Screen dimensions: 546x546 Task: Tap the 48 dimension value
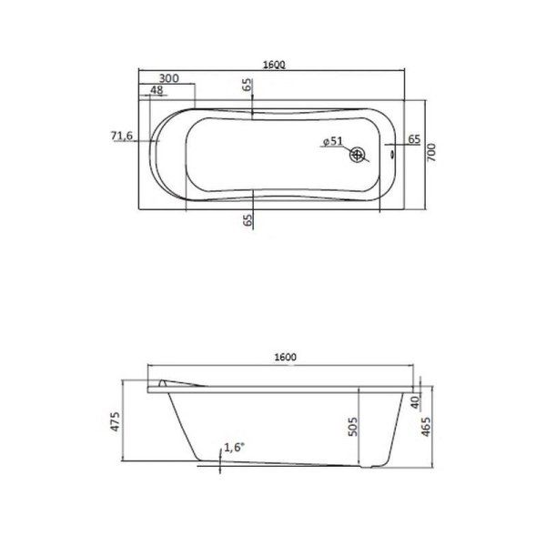[156, 91]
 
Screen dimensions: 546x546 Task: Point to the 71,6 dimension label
[122, 136]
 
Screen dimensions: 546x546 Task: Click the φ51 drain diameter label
[332, 141]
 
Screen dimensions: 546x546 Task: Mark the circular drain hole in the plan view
[359, 156]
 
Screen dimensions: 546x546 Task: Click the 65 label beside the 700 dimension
[413, 139]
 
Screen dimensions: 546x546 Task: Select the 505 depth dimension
[353, 423]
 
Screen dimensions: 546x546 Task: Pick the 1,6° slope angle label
[234, 449]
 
